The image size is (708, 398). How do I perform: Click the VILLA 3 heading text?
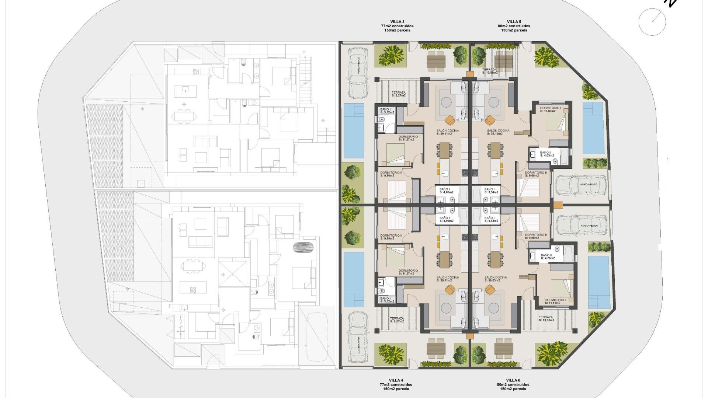pyautogui.click(x=397, y=22)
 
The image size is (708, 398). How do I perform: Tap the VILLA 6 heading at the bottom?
pyautogui.click(x=513, y=380)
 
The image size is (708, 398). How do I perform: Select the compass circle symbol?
pyautogui.click(x=652, y=22)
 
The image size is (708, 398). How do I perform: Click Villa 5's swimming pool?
pyautogui.click(x=593, y=128)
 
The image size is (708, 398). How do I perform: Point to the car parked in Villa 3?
pyautogui.click(x=357, y=73)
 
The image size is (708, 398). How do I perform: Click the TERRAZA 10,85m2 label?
pyautogui.click(x=490, y=71)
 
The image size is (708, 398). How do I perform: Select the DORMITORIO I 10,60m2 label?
pyautogui.click(x=550, y=109)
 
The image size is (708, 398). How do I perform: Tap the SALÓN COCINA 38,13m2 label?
pyautogui.click(x=498, y=132)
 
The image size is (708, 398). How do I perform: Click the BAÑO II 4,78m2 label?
pyautogui.click(x=547, y=256)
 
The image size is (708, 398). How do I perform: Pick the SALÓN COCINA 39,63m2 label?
pyautogui.click(x=496, y=279)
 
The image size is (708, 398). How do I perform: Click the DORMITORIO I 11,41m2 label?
pyautogui.click(x=555, y=301)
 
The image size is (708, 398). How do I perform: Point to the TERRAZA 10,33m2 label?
pyautogui.click(x=546, y=318)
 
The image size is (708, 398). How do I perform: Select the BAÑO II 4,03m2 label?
pyautogui.click(x=546, y=154)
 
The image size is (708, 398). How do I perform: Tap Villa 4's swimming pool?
pyautogui.click(x=354, y=279)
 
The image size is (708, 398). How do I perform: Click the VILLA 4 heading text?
pyautogui.click(x=396, y=380)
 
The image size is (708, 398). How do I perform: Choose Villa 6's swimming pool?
pyautogui.click(x=598, y=282)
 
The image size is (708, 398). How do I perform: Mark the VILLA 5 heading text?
pyautogui.click(x=514, y=22)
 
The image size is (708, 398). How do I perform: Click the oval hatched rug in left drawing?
pyautogui.click(x=305, y=247)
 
